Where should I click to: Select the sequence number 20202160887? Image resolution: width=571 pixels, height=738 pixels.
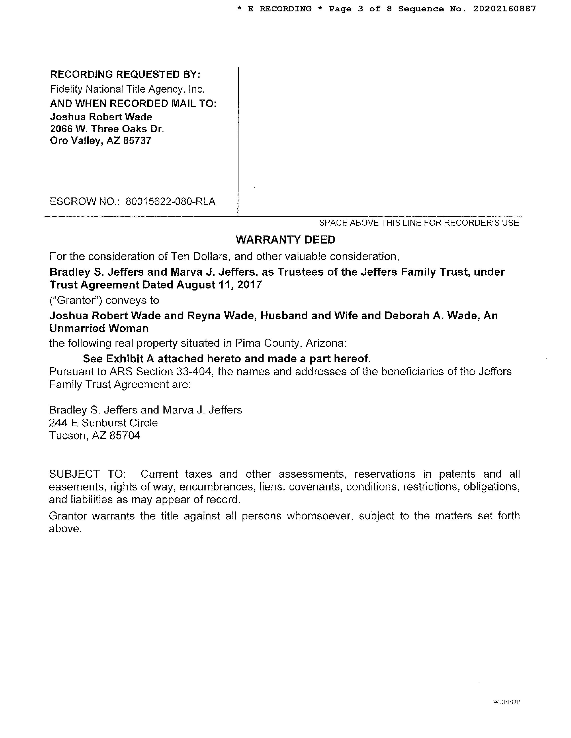[504, 9]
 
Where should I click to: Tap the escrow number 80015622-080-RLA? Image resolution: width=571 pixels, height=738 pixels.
[170, 201]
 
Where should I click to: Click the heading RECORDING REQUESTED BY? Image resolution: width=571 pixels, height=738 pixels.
[125, 74]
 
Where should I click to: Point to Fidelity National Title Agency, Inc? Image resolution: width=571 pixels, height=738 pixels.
[128, 89]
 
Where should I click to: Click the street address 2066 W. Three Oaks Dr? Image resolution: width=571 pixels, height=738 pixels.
[107, 129]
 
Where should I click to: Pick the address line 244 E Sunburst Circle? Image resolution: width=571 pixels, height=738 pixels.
[103, 423]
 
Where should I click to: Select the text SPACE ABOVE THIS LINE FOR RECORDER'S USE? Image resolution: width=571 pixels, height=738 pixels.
[419, 223]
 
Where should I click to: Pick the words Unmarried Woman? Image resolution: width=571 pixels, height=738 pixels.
[99, 329]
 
